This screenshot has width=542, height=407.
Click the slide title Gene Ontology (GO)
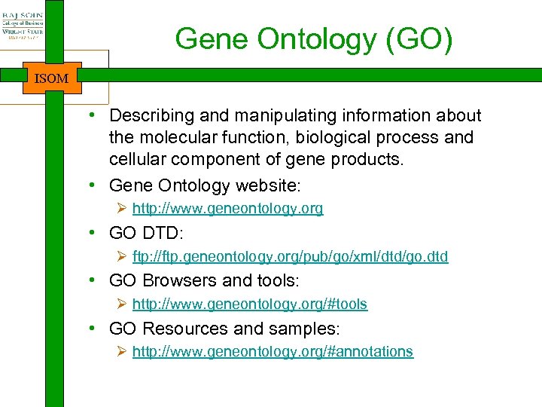[314, 38]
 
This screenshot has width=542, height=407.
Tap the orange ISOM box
[52, 78]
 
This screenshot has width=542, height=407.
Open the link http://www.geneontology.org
[227, 209]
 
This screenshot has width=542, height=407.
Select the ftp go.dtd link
[290, 256]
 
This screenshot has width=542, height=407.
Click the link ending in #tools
[249, 304]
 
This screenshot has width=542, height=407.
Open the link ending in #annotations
[273, 351]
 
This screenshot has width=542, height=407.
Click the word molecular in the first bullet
[181, 138]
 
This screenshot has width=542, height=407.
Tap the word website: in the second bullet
[268, 185]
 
